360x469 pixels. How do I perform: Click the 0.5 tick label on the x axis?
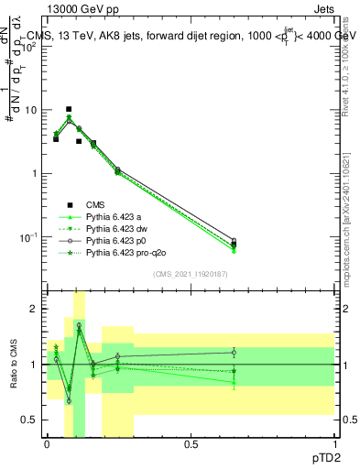coord(191,443)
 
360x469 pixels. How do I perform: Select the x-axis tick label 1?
coord(333,443)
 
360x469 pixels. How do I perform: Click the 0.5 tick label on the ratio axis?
coord(30,420)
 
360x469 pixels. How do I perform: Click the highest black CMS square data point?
coord(69,109)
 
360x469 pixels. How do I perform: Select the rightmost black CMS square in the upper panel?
coord(234,244)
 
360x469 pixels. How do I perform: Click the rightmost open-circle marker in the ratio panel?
coord(234,352)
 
